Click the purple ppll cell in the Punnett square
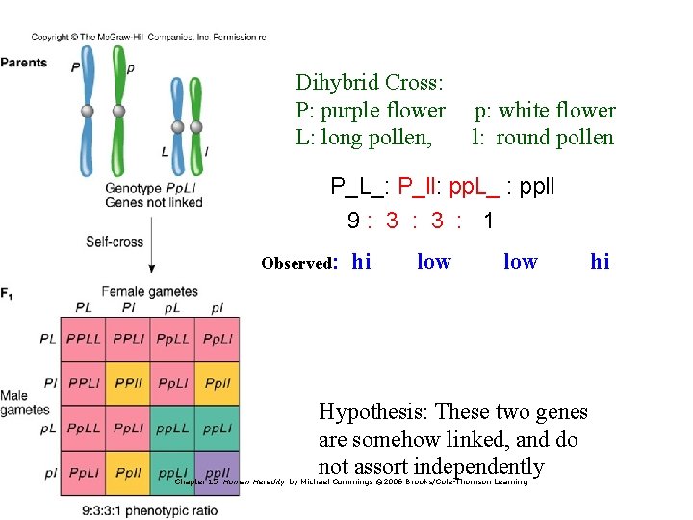[218, 473]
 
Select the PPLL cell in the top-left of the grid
[84, 339]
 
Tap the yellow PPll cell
[128, 383]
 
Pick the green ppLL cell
[173, 429]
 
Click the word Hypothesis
[376, 412]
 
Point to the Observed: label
[298, 263]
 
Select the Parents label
[24, 63]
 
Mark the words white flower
[557, 111]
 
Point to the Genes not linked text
[154, 202]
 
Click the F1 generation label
[8, 292]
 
